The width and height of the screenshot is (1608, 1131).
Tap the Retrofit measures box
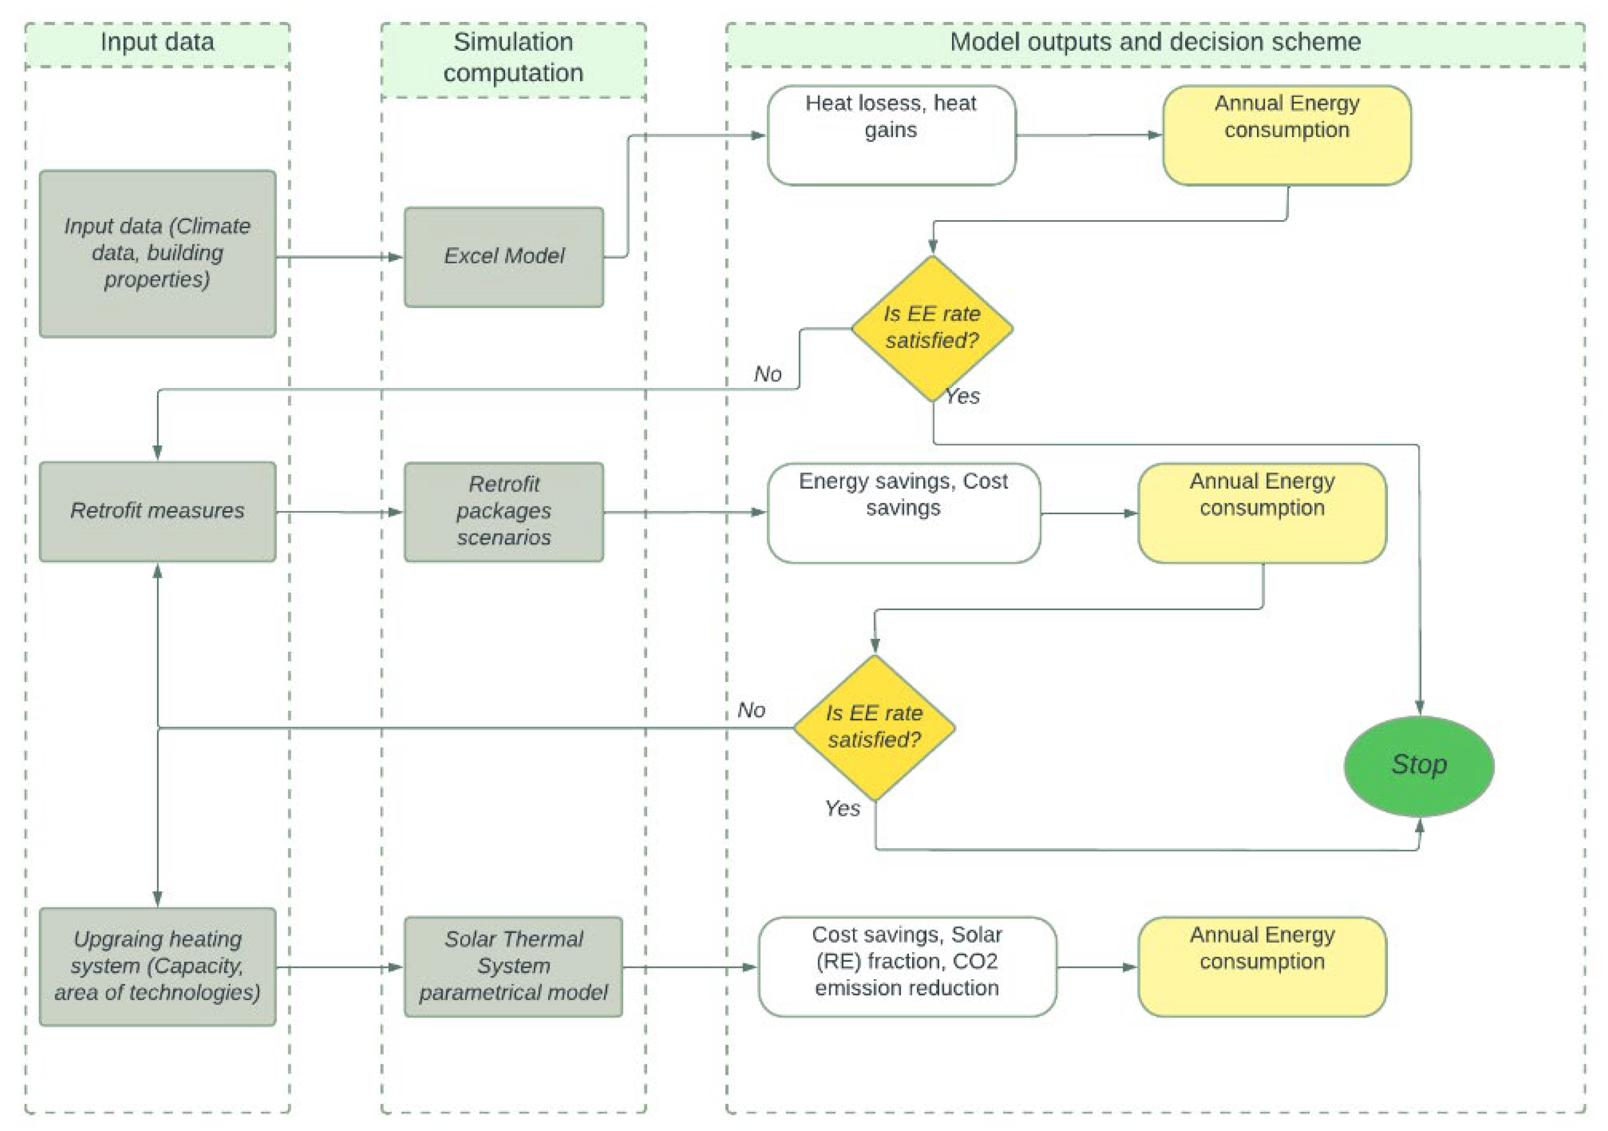point(158,511)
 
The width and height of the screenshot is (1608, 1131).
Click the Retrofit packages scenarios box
point(503,511)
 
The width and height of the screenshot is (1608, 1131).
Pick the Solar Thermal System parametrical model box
point(513,966)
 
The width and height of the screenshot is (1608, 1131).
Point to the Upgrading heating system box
point(158,966)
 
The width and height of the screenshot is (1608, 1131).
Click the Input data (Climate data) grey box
point(158,254)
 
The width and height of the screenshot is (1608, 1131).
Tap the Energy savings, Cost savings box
point(903,513)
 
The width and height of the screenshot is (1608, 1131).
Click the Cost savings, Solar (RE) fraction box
point(907,966)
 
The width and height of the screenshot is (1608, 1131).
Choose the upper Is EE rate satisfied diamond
point(932,328)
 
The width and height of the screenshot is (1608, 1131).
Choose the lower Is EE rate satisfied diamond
point(874,728)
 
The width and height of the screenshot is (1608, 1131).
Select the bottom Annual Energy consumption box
point(1262,966)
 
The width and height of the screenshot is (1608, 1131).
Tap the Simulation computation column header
point(513,57)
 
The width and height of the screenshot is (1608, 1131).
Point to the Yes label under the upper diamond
point(962,396)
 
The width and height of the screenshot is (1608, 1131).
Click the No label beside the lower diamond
point(751,710)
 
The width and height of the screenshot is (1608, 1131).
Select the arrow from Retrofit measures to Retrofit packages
point(340,512)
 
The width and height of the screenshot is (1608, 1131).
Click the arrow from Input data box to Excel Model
point(340,257)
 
